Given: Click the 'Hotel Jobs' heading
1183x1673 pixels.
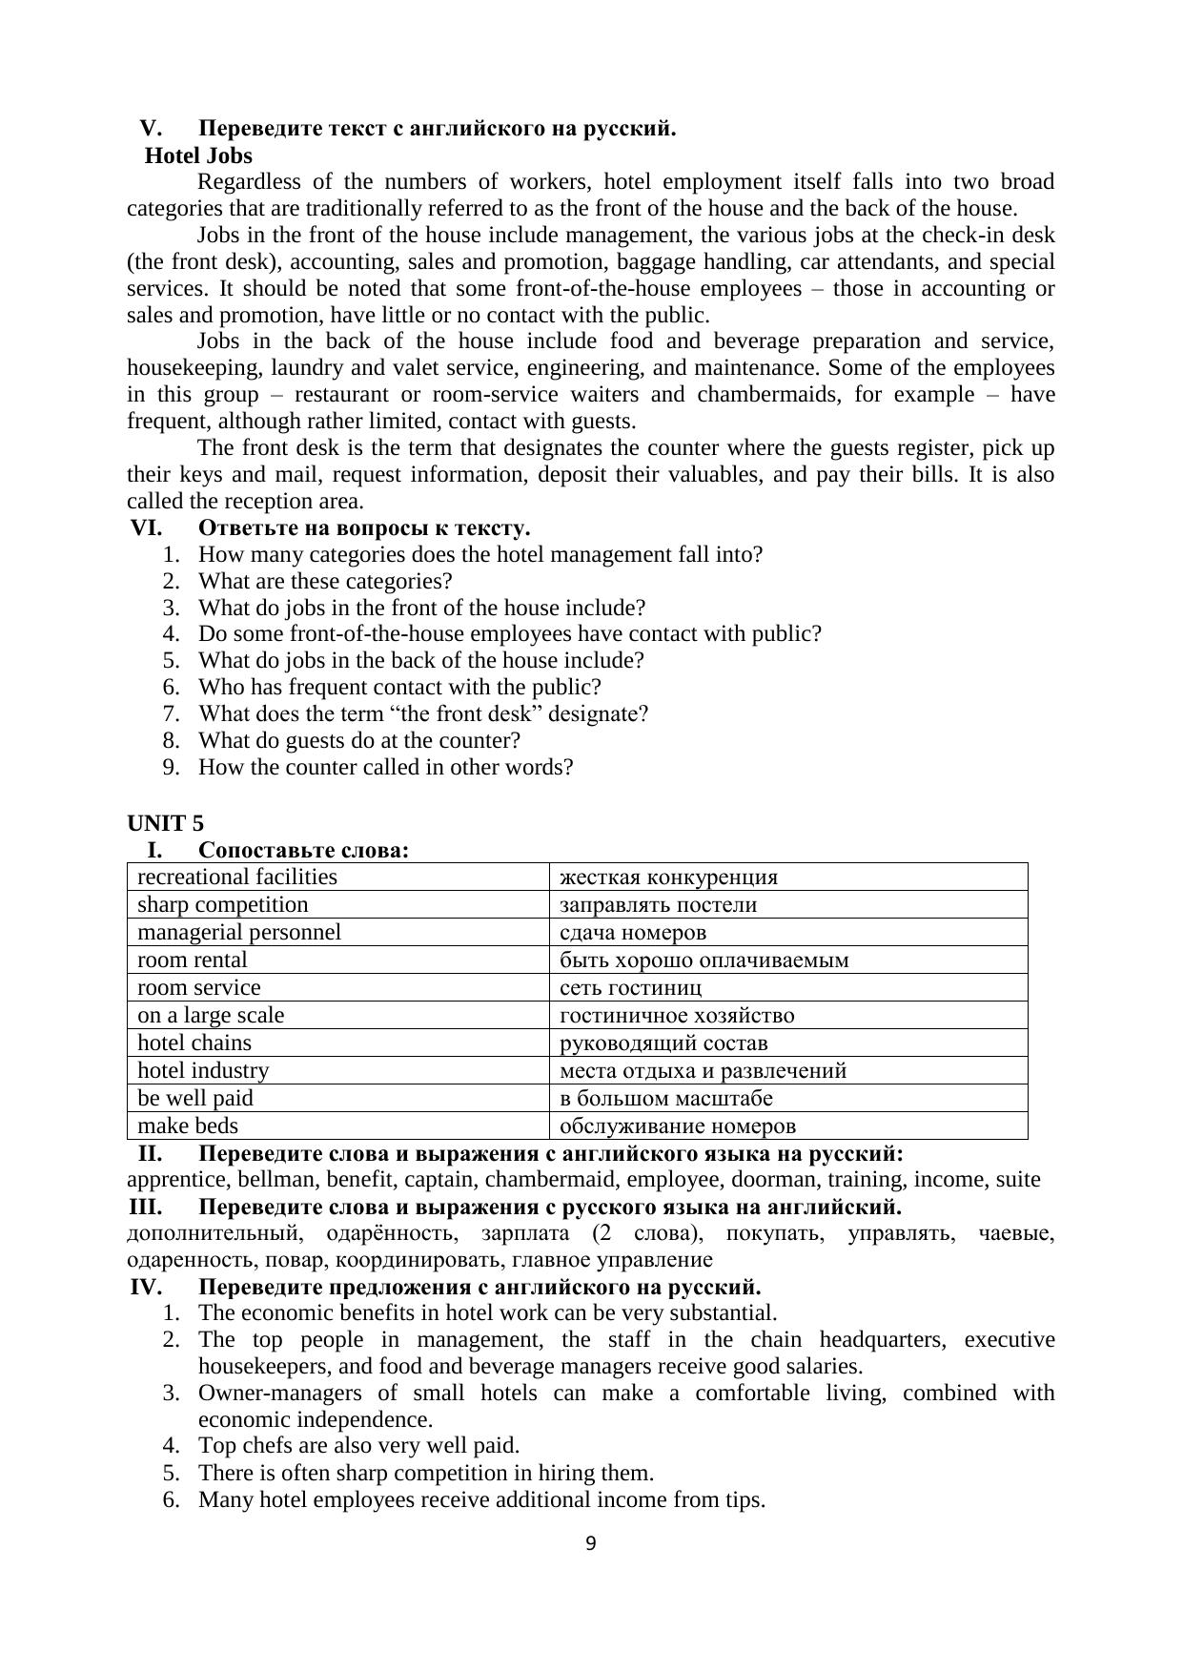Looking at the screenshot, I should tap(198, 155).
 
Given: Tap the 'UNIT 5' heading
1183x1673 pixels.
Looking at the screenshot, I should tap(165, 823).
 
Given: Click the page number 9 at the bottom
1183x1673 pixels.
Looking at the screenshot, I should tap(591, 1543).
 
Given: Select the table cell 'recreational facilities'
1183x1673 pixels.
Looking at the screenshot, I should tap(237, 877).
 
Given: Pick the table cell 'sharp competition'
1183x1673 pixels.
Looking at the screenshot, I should tap(223, 904).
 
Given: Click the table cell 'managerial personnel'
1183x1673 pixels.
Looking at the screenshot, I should tap(239, 932).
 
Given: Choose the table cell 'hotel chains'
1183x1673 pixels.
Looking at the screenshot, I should tap(194, 1043).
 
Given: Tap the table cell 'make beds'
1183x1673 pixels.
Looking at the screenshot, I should tap(188, 1126).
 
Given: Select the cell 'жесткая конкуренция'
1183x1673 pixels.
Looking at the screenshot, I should tap(668, 878).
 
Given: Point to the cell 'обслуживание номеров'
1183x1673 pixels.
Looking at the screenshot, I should tap(677, 1126).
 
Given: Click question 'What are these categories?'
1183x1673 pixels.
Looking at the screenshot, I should tap(325, 581).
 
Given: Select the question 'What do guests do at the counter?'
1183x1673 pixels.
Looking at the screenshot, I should tap(359, 740).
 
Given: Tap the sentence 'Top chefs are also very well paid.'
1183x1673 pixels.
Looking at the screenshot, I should tap(358, 1445).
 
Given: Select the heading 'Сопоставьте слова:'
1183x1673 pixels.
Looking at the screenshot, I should tap(304, 850).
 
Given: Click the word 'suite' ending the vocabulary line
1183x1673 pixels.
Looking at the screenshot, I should tap(1017, 1180).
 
